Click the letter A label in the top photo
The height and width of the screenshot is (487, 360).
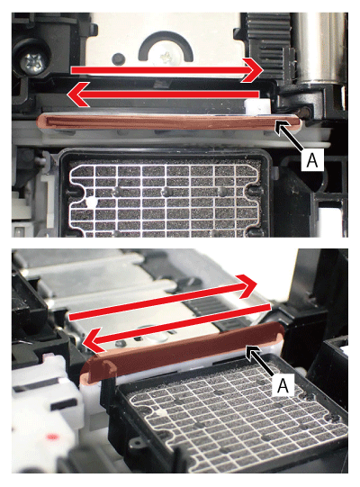[312, 159]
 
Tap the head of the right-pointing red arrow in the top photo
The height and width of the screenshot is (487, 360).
[252, 70]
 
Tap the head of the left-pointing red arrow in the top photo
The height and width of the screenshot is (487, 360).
[78, 95]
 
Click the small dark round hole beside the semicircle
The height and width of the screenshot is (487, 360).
[118, 58]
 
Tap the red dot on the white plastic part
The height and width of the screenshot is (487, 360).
[52, 437]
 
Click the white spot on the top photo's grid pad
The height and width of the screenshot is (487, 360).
[91, 203]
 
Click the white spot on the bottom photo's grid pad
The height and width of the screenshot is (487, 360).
[160, 412]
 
